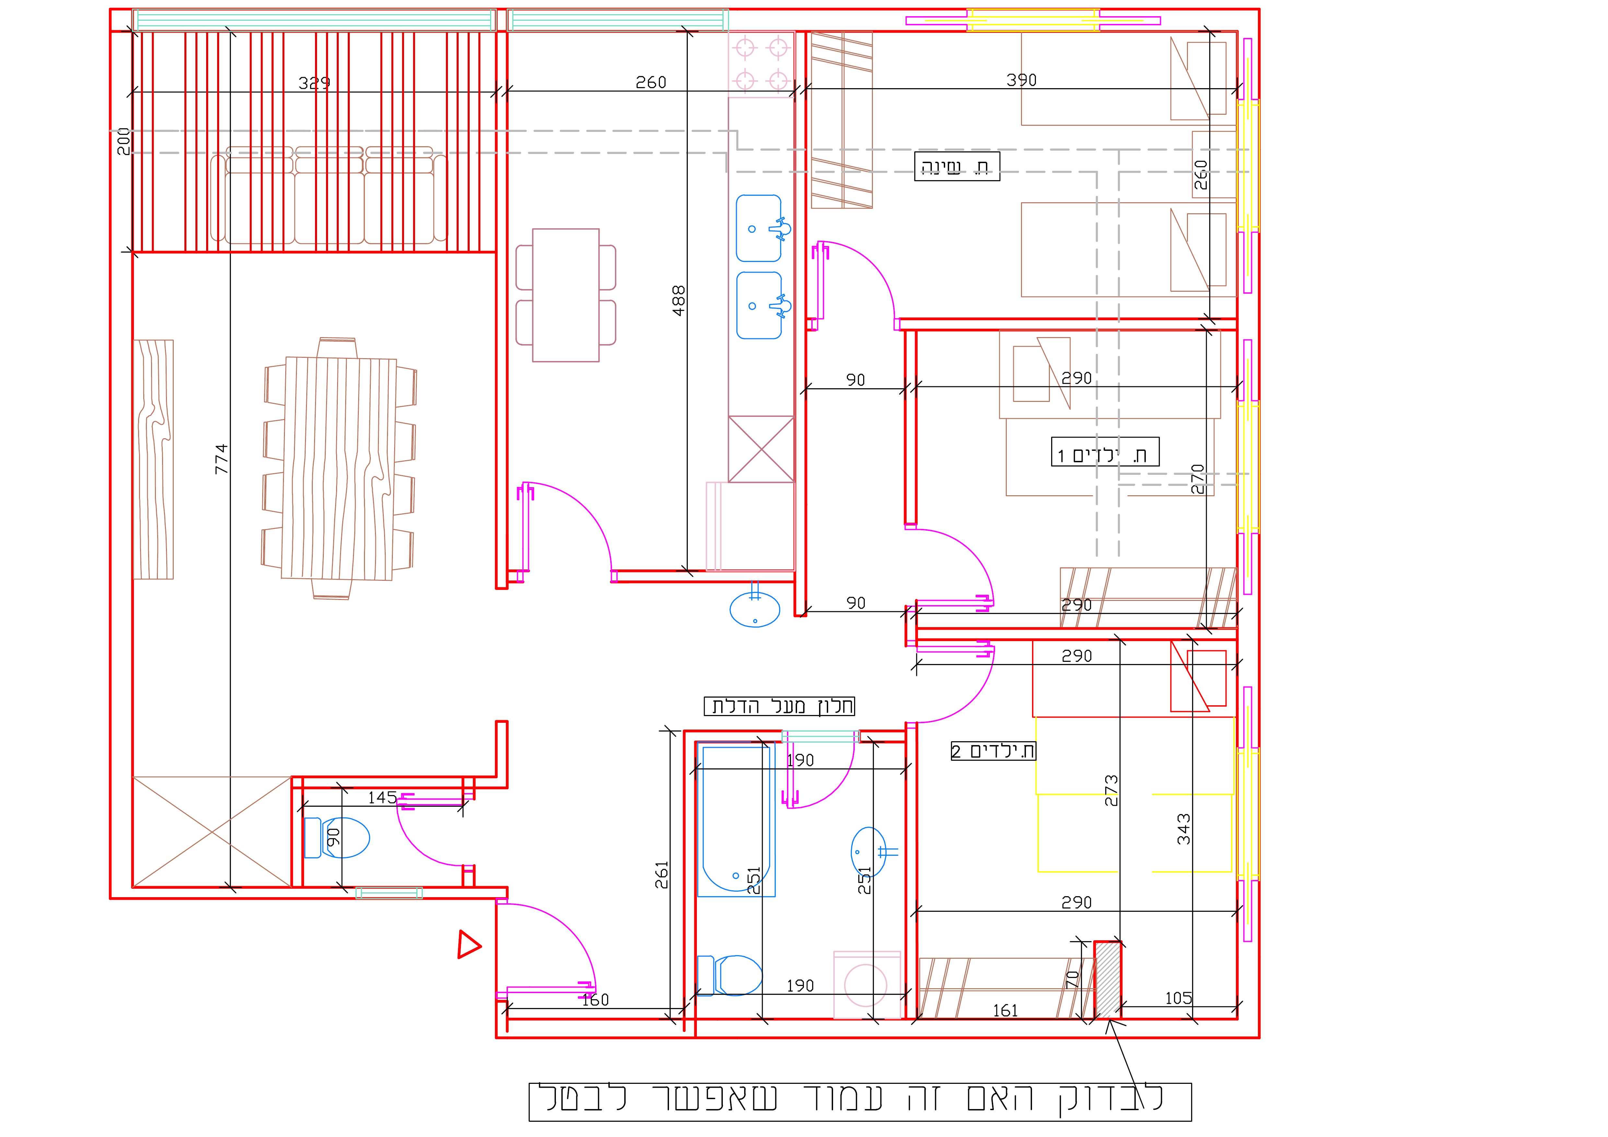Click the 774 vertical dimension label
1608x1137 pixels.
[221, 459]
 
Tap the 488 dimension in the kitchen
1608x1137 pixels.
[679, 301]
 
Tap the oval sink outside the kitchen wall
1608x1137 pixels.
[755, 608]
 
